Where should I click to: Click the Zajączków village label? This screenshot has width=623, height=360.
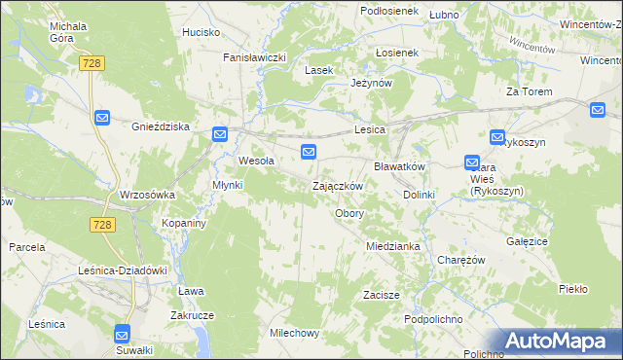[338, 186]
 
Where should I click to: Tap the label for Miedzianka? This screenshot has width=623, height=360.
[393, 246]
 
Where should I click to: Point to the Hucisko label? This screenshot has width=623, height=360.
[201, 32]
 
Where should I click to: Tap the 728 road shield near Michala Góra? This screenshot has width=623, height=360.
[93, 62]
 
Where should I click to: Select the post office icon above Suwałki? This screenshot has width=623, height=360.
[123, 332]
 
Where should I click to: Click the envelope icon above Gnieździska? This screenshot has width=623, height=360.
[103, 118]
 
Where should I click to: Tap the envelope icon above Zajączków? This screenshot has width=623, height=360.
[309, 151]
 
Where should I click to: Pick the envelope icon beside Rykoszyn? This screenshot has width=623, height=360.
[497, 139]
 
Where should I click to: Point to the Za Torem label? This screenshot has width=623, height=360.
[529, 91]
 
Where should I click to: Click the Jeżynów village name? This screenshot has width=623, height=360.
[371, 84]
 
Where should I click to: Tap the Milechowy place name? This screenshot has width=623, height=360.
[294, 333]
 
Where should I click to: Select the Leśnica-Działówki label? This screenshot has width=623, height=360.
[124, 270]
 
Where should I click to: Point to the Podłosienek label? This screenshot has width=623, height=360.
[388, 10]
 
